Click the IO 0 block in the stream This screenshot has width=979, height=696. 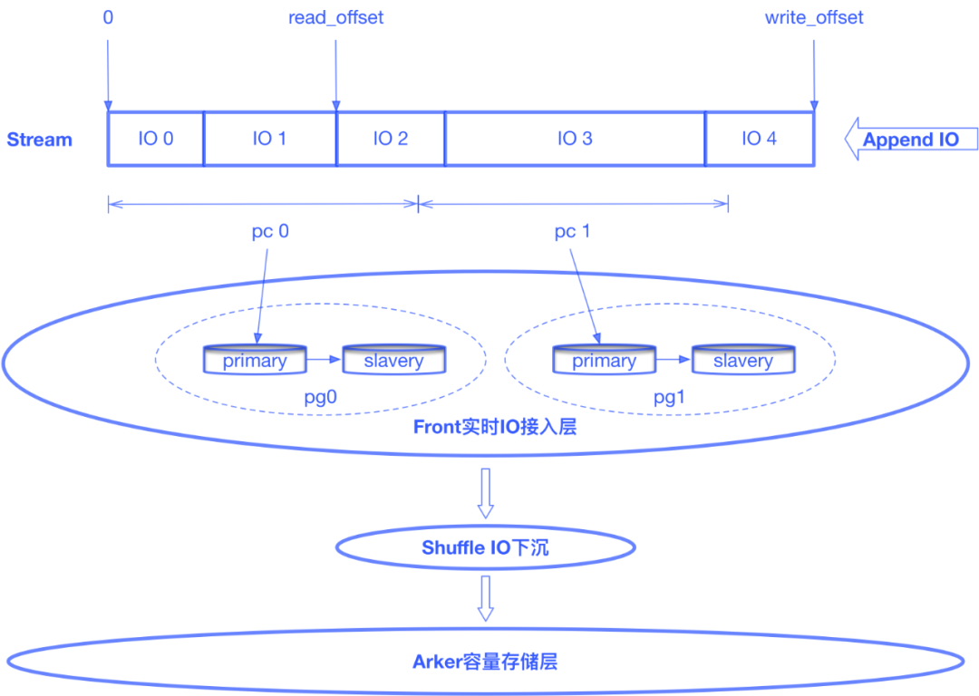tap(156, 139)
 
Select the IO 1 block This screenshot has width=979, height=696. tap(270, 139)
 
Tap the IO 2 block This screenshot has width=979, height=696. tap(391, 139)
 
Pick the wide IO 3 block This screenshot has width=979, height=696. tap(575, 139)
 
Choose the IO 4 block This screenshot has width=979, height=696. tap(760, 139)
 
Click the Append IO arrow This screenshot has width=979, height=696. tap(910, 140)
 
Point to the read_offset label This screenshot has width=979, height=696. tap(335, 18)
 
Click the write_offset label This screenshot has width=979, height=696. tap(813, 18)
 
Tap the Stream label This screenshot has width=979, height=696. tap(40, 140)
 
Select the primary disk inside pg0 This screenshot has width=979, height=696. tap(255, 360)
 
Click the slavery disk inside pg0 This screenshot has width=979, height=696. tap(393, 360)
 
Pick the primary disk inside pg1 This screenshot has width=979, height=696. tap(604, 360)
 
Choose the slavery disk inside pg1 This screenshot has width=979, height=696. tap(742, 360)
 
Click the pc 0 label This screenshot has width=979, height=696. tap(270, 232)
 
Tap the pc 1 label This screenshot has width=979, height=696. tap(572, 232)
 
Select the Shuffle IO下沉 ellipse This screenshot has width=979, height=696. tap(485, 547)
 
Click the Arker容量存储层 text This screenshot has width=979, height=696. tap(485, 662)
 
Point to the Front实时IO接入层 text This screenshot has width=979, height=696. tap(495, 427)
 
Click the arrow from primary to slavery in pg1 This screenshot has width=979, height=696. tap(672, 360)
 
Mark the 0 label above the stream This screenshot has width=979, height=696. tap(108, 18)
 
